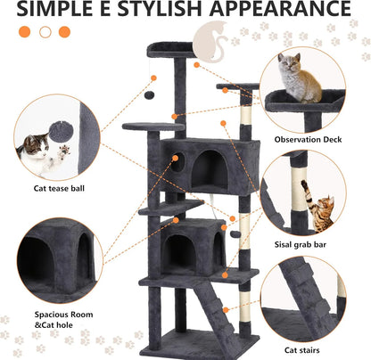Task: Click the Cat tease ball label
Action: [61, 188]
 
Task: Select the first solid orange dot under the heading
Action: [24, 32]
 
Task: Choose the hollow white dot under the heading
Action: [64, 32]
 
